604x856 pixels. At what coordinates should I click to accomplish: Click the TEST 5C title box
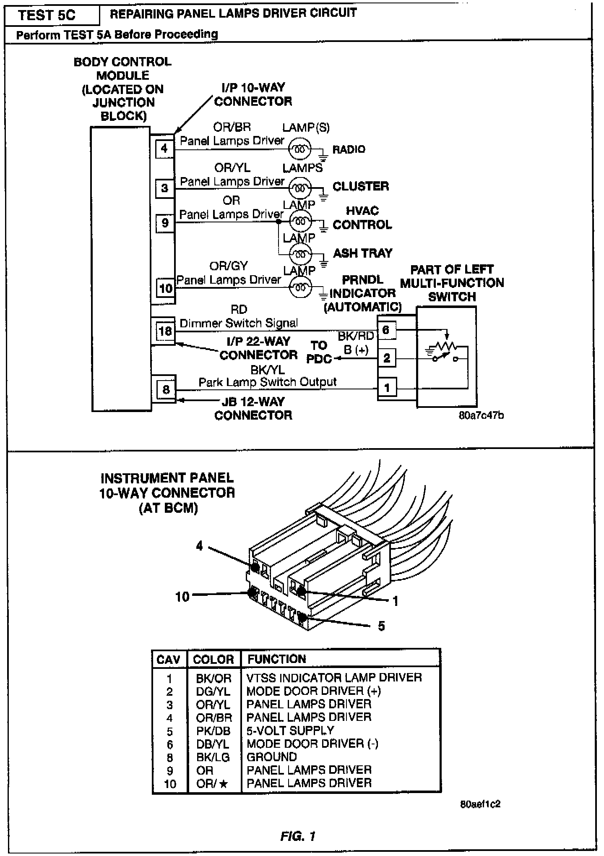47,16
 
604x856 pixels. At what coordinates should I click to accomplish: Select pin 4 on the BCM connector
164,149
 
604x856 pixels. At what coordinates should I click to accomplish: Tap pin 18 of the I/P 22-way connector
165,331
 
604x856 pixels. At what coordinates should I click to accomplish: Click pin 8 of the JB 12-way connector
166,389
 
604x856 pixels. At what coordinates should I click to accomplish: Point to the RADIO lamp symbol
300,149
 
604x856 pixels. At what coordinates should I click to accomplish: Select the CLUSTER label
361,186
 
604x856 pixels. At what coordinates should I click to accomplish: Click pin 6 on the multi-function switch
386,330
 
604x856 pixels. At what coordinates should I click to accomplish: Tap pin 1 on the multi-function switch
387,388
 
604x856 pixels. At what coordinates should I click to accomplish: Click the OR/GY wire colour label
229,266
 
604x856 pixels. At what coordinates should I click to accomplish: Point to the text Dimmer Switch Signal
239,323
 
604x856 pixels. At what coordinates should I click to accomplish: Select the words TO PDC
320,352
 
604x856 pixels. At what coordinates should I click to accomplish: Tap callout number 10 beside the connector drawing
182,597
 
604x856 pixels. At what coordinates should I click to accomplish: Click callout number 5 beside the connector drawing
381,626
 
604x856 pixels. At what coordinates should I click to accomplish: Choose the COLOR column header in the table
213,659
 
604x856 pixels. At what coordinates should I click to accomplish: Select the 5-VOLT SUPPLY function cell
290,731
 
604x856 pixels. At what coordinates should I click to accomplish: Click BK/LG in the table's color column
213,757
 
